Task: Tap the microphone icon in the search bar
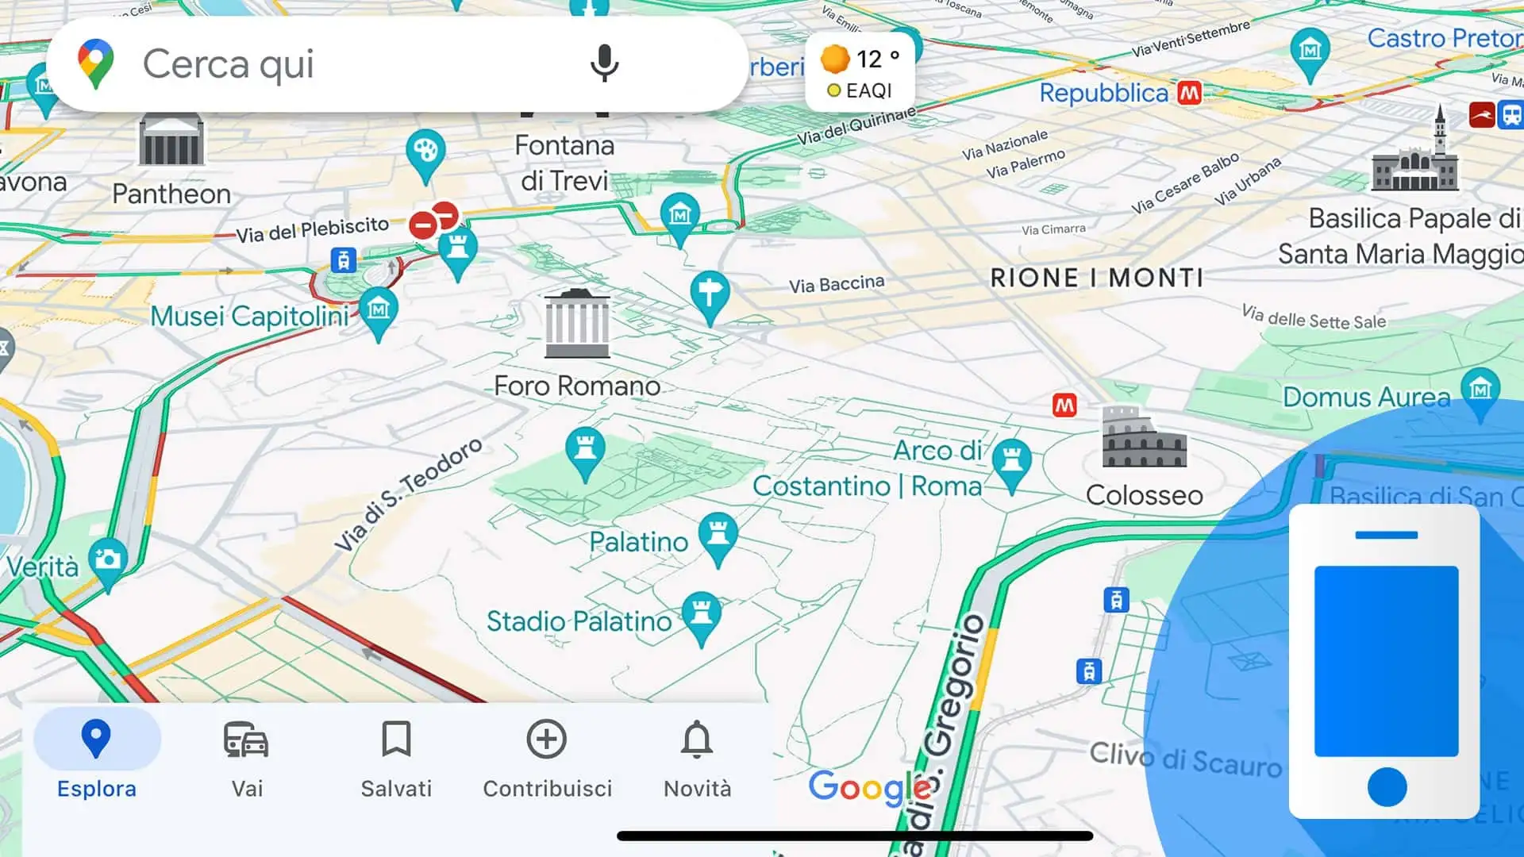(x=604, y=63)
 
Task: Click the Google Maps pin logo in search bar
(x=95, y=63)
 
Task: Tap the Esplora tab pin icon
(x=96, y=739)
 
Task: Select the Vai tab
(x=246, y=758)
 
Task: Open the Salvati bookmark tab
(x=396, y=758)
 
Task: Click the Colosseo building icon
(x=1144, y=437)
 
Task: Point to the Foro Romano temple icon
(x=577, y=325)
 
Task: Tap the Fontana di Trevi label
(x=564, y=163)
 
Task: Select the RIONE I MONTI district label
(x=1097, y=278)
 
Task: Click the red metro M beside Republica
(x=1189, y=93)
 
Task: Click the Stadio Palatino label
(x=579, y=621)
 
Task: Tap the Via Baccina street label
(x=836, y=284)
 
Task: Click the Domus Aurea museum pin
(x=1480, y=390)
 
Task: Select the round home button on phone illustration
(x=1387, y=786)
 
